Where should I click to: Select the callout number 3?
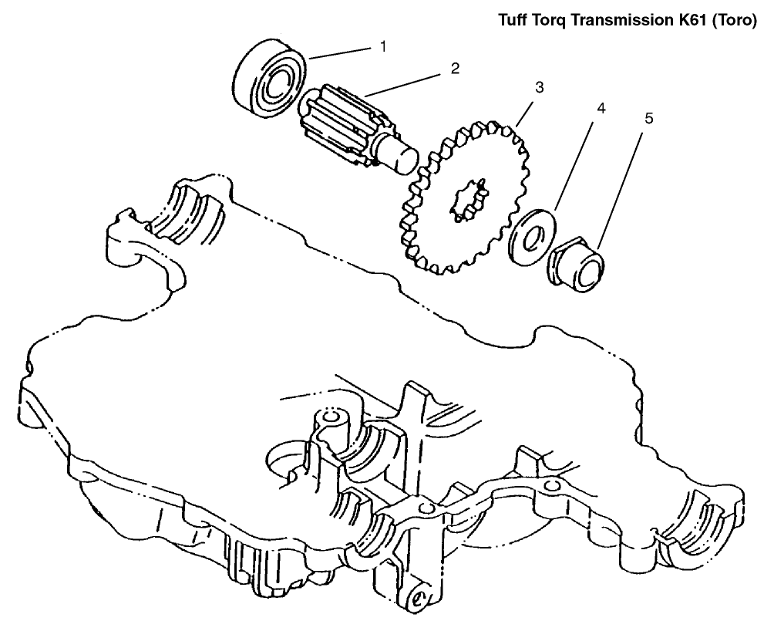pos(540,88)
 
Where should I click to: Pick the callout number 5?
pos(649,120)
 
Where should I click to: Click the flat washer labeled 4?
pos(533,238)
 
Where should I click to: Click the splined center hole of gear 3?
pos(469,198)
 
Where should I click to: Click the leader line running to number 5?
pos(621,186)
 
